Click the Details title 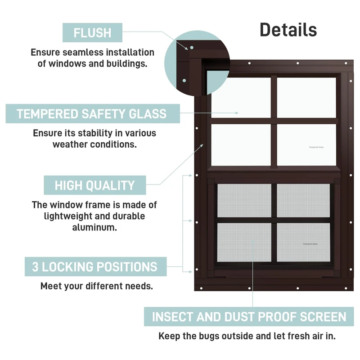pos(288,30)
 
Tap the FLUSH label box pos(92,33)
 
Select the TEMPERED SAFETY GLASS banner pos(92,113)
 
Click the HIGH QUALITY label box pos(95,185)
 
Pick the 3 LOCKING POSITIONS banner pos(95,267)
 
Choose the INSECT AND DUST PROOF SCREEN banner pos(249,316)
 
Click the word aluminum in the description pos(94,227)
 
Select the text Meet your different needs pos(96,286)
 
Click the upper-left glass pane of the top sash pos(241,97)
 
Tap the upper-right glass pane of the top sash pos(306,97)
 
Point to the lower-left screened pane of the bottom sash pos(244,242)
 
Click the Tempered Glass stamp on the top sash pos(316,147)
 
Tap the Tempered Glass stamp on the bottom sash pos(310,244)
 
